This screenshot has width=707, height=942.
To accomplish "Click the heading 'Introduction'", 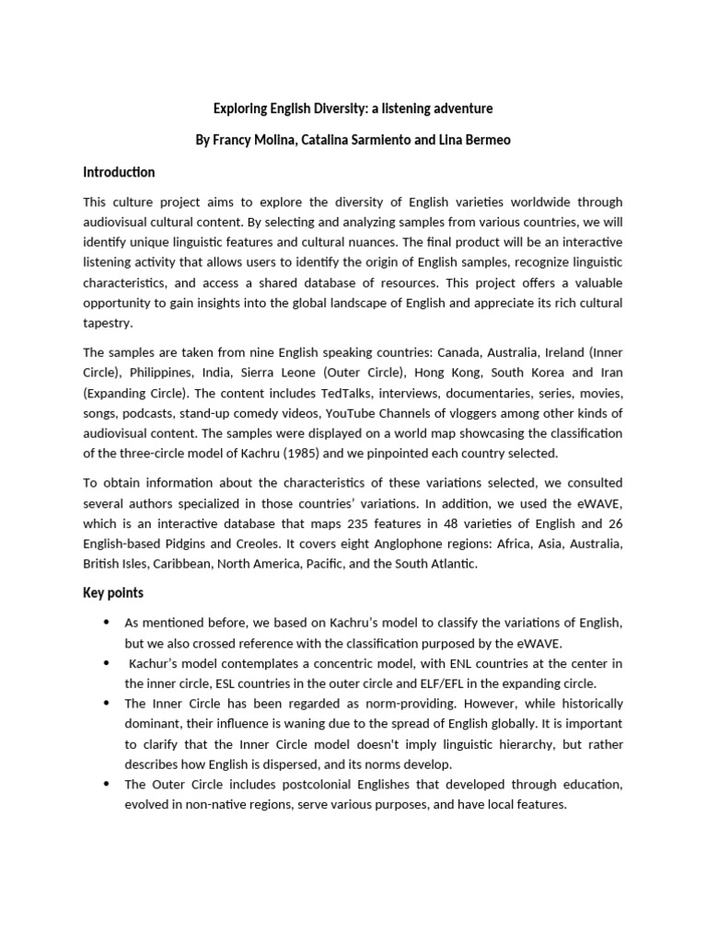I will click(119, 172).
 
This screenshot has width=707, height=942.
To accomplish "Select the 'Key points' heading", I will click(113, 592).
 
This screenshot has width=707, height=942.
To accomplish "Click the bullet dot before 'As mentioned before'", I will click(110, 624).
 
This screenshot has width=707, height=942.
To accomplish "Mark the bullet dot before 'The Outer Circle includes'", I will click(110, 784).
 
